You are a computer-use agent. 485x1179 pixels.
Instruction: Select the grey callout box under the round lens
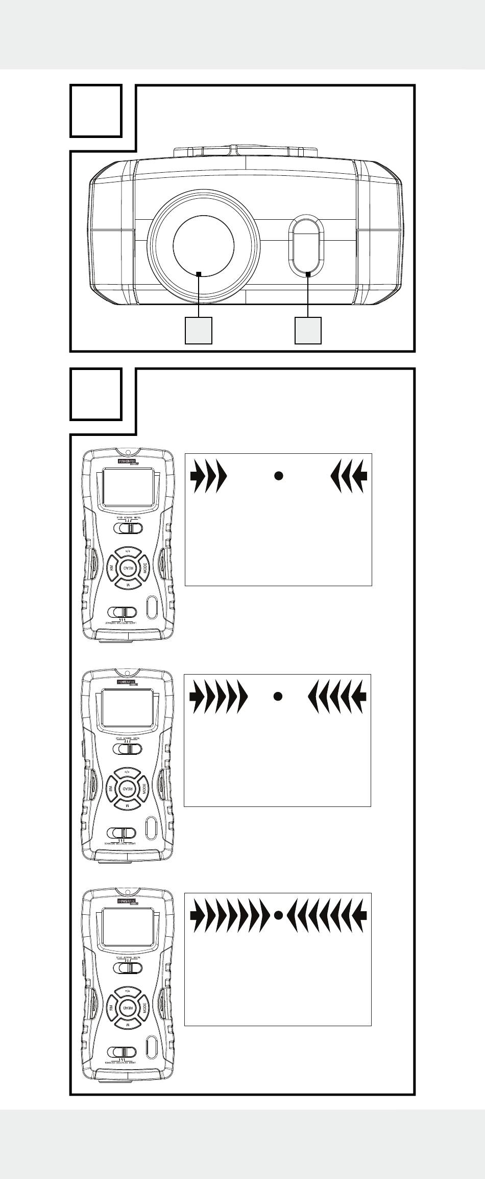click(x=198, y=330)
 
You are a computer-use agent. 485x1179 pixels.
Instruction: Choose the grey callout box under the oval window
click(x=308, y=330)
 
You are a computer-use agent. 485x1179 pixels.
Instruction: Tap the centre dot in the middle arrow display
click(x=278, y=696)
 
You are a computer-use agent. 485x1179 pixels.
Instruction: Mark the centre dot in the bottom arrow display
click(x=278, y=915)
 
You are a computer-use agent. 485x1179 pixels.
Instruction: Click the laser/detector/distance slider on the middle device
click(x=123, y=833)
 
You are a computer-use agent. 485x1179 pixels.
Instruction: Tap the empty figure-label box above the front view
click(x=95, y=111)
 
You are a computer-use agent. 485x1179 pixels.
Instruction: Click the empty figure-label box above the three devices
click(x=95, y=394)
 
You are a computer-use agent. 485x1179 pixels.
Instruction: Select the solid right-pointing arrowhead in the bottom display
click(x=197, y=915)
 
